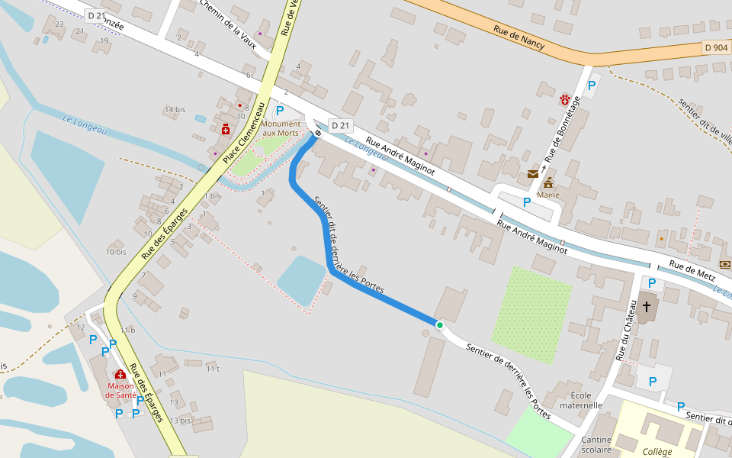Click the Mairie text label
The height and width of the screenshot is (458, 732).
(x=548, y=195)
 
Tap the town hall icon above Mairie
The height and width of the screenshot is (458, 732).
(x=548, y=182)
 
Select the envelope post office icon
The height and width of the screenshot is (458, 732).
(x=532, y=174)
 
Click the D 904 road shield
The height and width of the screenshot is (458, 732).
(x=716, y=47)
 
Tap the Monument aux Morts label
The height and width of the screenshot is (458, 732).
(x=280, y=128)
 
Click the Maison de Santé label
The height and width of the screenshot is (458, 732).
(x=120, y=390)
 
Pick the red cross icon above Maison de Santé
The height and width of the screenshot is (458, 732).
(x=120, y=374)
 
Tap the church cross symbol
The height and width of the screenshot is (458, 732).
(x=647, y=306)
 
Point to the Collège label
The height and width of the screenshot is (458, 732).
(x=657, y=452)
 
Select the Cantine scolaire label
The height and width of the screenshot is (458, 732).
(x=596, y=444)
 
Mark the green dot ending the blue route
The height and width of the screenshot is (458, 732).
(x=439, y=325)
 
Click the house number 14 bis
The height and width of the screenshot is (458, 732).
(x=175, y=109)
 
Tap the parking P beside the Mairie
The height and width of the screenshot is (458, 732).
(x=526, y=202)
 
